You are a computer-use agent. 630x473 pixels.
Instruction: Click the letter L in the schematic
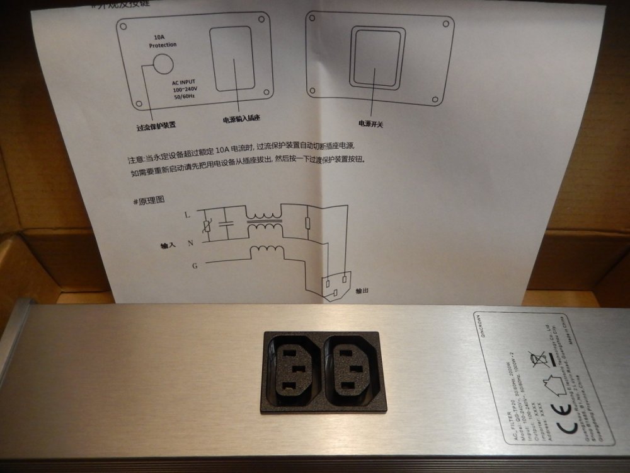coord(187,215)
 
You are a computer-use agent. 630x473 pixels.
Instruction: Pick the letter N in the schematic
coord(190,243)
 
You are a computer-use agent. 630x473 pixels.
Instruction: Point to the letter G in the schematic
coord(195,266)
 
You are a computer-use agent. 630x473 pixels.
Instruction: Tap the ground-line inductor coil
coord(266,251)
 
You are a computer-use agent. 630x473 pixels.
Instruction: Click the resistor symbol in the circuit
coord(307,223)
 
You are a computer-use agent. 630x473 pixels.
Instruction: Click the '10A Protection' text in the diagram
coord(163,41)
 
